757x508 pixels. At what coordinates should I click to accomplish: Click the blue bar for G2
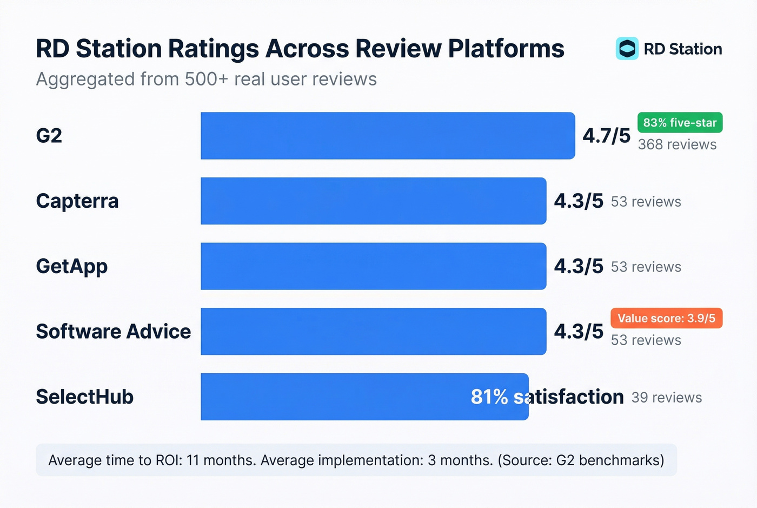pyautogui.click(x=388, y=136)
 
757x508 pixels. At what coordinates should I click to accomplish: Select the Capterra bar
pyautogui.click(x=373, y=201)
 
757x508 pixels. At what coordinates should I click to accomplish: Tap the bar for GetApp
pyautogui.click(x=373, y=266)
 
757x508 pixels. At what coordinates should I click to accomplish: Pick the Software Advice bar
pyautogui.click(x=373, y=332)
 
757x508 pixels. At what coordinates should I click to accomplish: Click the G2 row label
pyautogui.click(x=49, y=136)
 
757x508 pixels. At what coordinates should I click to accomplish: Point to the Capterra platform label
pyautogui.click(x=77, y=201)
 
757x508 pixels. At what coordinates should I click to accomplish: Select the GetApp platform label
pyautogui.click(x=72, y=267)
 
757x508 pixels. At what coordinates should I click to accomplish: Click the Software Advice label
pyautogui.click(x=113, y=332)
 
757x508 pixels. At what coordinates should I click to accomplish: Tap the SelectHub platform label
pyautogui.click(x=84, y=397)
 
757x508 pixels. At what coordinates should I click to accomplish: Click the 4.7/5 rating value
pyautogui.click(x=606, y=136)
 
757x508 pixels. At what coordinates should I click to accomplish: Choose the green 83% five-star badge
pyautogui.click(x=680, y=123)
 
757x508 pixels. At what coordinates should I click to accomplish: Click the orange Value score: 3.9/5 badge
pyautogui.click(x=666, y=318)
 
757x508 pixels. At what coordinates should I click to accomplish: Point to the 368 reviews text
pyautogui.click(x=677, y=145)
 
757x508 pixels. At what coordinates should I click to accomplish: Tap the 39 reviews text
pyautogui.click(x=667, y=398)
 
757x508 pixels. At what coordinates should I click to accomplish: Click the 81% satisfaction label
pyautogui.click(x=547, y=397)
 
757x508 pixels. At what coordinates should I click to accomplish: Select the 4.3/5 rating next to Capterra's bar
pyautogui.click(x=579, y=201)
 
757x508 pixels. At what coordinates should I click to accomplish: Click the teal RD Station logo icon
pyautogui.click(x=627, y=49)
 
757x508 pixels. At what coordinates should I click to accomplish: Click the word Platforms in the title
pyautogui.click(x=506, y=49)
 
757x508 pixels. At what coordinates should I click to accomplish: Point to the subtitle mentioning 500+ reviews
pyautogui.click(x=206, y=80)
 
